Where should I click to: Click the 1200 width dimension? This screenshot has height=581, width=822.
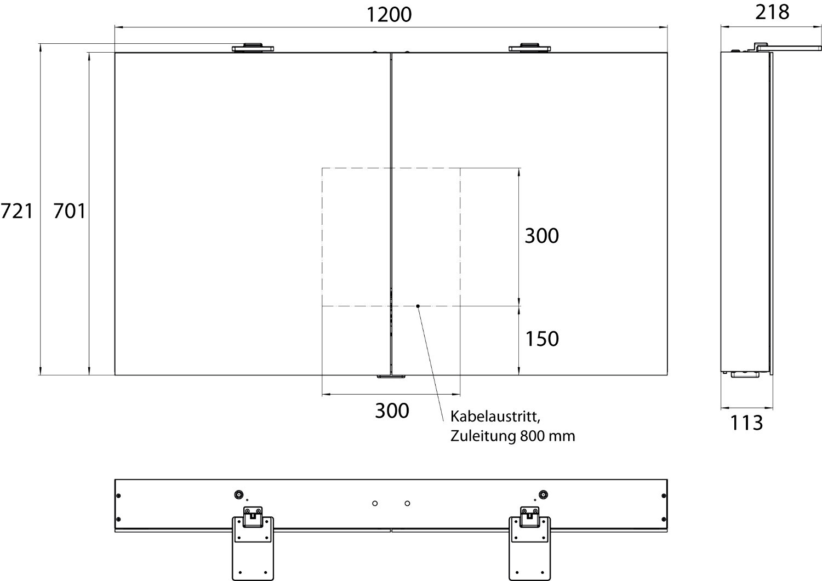tap(389, 15)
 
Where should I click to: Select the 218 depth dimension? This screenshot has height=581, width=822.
tap(772, 13)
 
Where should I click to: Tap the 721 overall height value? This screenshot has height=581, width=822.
tap(17, 211)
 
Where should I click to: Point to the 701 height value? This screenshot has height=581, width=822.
tap(70, 211)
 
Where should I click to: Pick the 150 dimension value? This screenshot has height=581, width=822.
tap(542, 339)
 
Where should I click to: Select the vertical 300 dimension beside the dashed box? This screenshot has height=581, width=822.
tap(541, 236)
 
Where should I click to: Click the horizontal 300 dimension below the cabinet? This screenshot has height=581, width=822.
tap(392, 411)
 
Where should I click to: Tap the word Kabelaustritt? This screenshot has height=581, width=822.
tap(495, 417)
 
